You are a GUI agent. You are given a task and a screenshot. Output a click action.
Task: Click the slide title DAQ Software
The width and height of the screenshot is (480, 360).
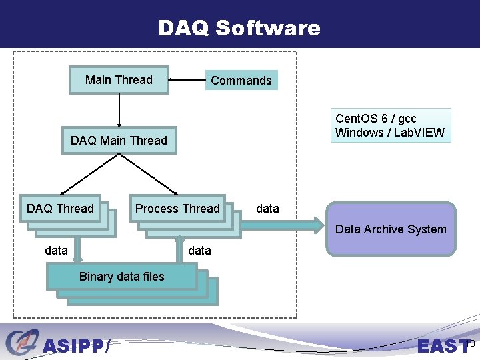(x=239, y=28)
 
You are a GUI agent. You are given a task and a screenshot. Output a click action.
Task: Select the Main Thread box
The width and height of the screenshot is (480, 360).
(x=119, y=80)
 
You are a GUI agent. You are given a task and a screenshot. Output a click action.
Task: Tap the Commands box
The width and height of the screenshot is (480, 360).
(x=241, y=81)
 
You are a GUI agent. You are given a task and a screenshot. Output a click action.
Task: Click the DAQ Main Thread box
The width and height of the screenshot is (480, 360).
(x=119, y=141)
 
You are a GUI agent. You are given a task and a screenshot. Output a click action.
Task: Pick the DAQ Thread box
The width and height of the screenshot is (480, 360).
(x=60, y=209)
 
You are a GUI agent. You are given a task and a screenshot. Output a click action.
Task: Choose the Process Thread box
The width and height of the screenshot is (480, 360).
(x=177, y=209)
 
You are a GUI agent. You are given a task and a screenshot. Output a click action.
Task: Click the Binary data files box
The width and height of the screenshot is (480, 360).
(x=121, y=277)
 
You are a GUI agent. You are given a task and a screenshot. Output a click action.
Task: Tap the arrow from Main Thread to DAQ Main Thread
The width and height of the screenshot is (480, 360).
(x=119, y=109)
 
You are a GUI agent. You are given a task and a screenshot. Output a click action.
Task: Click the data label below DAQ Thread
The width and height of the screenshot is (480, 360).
(x=56, y=251)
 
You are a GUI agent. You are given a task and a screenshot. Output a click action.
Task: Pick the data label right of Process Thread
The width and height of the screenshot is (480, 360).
(x=267, y=209)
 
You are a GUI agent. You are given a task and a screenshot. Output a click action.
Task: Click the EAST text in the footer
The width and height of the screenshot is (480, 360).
(x=443, y=346)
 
